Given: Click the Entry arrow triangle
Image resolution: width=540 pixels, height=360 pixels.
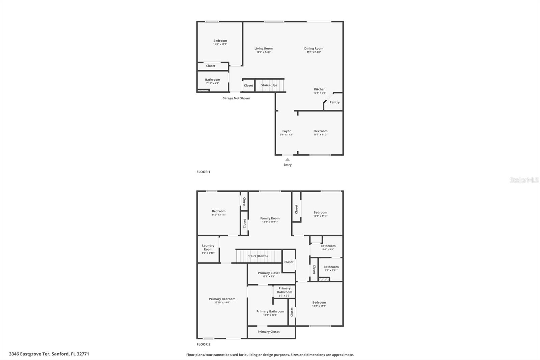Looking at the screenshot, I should click(287, 160).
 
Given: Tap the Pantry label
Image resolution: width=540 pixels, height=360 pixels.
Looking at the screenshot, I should click(334, 102).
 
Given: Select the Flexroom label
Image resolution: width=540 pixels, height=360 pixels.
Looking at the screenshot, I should click(320, 131).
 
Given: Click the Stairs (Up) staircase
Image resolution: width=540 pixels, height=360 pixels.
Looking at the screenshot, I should click(269, 85).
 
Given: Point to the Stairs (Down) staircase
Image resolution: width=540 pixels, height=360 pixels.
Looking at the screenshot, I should click(258, 256).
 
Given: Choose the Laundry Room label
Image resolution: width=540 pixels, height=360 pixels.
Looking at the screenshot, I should click(208, 248).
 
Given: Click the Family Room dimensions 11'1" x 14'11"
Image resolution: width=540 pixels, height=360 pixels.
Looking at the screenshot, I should click(270, 222).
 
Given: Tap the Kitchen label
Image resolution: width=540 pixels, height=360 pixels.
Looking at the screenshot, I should click(320, 89).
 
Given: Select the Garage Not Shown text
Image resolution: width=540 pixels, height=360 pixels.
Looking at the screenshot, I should click(236, 98).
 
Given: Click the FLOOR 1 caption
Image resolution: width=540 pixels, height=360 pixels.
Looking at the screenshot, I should click(203, 172).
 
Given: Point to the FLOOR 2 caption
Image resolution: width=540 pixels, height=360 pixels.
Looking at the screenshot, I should click(203, 344).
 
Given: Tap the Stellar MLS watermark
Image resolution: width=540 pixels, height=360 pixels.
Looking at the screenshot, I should click(524, 180).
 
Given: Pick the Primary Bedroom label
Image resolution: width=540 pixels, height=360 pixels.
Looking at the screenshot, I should click(222, 299).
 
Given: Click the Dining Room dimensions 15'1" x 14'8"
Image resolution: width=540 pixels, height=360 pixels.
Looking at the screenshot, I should click(314, 52).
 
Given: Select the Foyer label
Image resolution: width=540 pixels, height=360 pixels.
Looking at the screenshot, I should click(286, 131).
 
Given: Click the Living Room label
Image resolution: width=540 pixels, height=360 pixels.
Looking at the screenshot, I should click(263, 49).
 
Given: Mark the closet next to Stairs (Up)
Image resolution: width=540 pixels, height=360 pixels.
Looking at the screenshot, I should click(248, 85).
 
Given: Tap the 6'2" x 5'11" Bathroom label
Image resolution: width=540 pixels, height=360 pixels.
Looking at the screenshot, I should click(331, 267).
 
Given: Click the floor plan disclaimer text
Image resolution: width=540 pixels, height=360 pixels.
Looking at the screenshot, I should click(270, 355).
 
